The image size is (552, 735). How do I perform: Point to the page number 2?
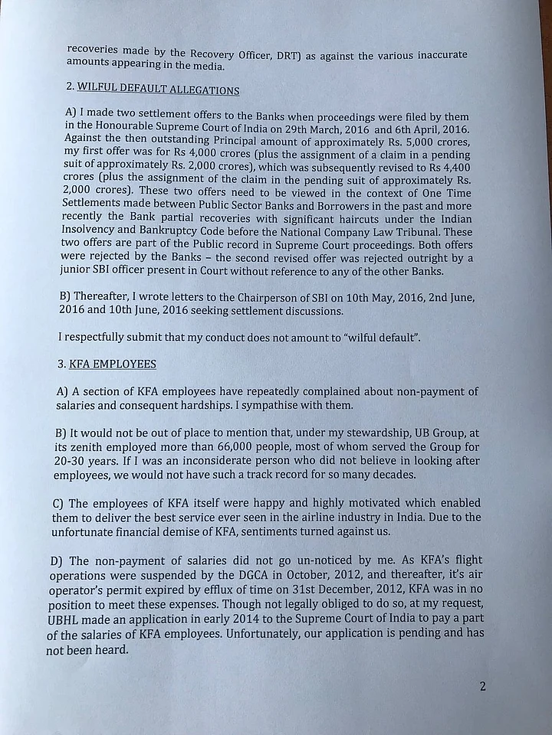pyautogui.click(x=482, y=686)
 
